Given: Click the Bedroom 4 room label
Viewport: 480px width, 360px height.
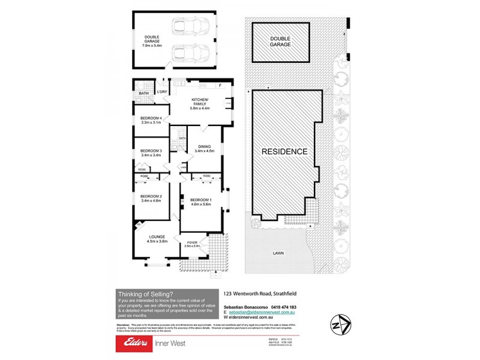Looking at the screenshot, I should [x=151, y=118].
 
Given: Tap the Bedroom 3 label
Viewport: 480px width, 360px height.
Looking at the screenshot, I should [x=151, y=151].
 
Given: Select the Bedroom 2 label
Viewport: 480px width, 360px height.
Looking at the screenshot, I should [x=151, y=196].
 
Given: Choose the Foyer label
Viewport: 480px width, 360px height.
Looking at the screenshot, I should [x=191, y=242].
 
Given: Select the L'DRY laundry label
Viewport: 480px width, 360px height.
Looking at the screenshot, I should [x=161, y=92].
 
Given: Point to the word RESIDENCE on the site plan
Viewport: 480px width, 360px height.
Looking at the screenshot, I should [x=284, y=152].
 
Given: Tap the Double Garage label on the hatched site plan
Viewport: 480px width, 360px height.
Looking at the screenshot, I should [x=280, y=41].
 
